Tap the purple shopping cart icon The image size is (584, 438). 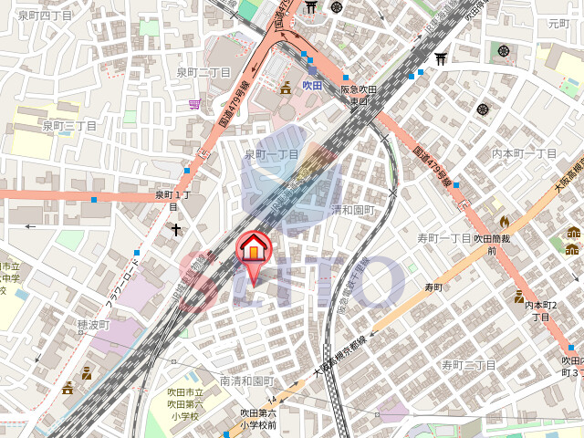coord(194,104)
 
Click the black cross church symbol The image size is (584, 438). coord(174,231)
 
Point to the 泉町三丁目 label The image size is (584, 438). coord(68,125)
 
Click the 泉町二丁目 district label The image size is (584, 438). coord(203,72)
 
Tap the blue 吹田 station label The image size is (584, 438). coord(313,85)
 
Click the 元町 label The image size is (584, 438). coord(558,24)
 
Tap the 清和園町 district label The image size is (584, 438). coord(352,209)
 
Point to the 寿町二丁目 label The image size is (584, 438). coord(468,365)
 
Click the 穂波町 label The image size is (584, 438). coord(93,324)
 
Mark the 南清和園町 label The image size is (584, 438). coord(246,381)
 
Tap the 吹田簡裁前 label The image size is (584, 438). coord(490,244)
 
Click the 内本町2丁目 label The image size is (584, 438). coord(541,311)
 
